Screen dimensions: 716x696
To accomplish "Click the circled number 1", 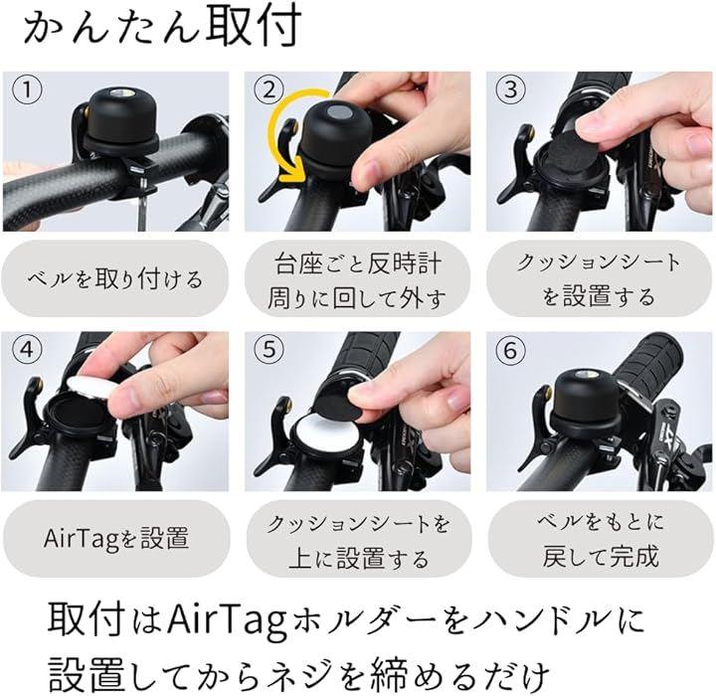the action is (28, 89).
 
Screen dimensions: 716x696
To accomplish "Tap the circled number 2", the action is (268, 89).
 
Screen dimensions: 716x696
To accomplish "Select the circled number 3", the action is (510, 89).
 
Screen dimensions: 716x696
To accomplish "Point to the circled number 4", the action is (27, 350).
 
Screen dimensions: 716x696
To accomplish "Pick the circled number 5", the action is (268, 350).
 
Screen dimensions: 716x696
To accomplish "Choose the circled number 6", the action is (510, 350).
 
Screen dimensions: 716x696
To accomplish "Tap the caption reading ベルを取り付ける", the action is (114, 279).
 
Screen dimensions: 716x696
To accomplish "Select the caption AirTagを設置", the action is (116, 539).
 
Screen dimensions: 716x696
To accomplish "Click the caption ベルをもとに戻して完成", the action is (601, 539).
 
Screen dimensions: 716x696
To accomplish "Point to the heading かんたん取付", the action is (162, 25).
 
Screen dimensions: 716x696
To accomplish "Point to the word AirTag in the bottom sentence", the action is (227, 623).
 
